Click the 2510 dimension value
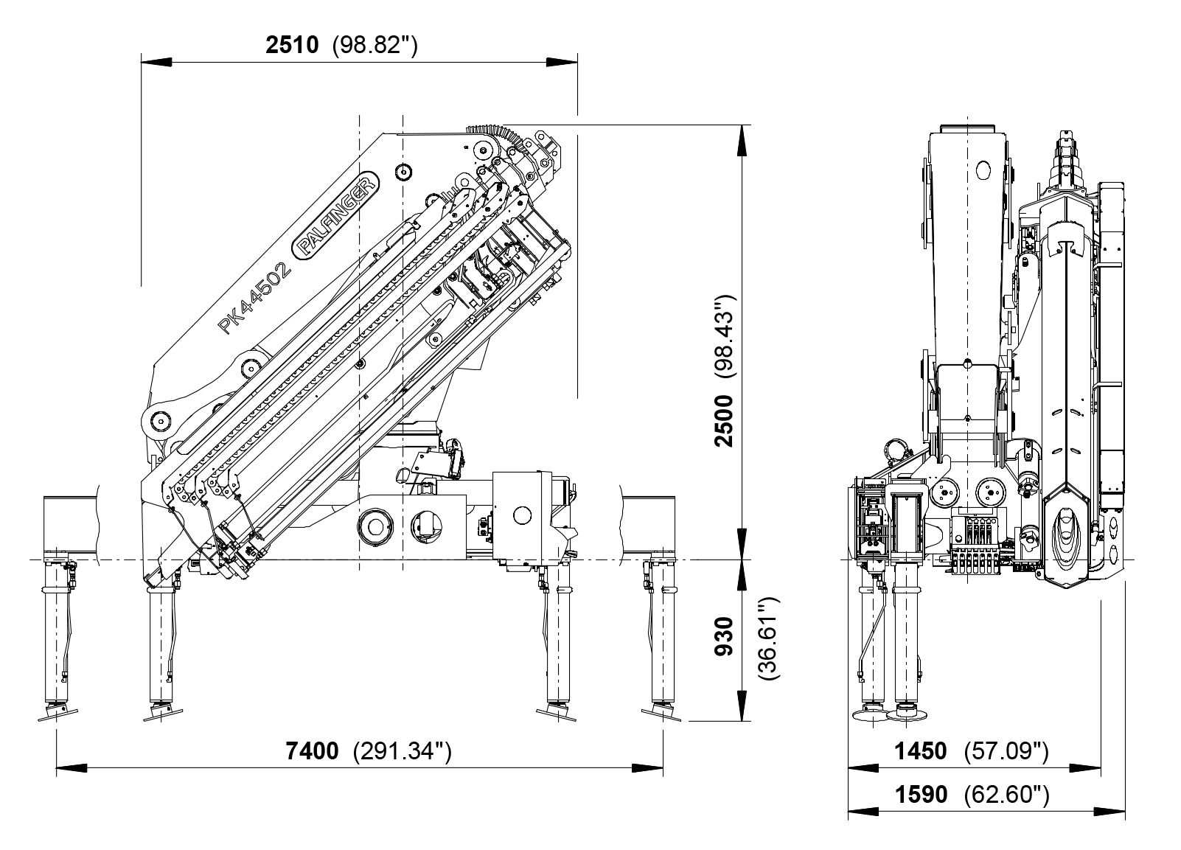[x=292, y=45]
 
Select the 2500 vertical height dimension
[x=726, y=420]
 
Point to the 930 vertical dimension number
[x=726, y=635]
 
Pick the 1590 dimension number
[x=920, y=795]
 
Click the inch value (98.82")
[x=376, y=45]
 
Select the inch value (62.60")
[x=1006, y=795]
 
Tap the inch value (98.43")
[x=726, y=336]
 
